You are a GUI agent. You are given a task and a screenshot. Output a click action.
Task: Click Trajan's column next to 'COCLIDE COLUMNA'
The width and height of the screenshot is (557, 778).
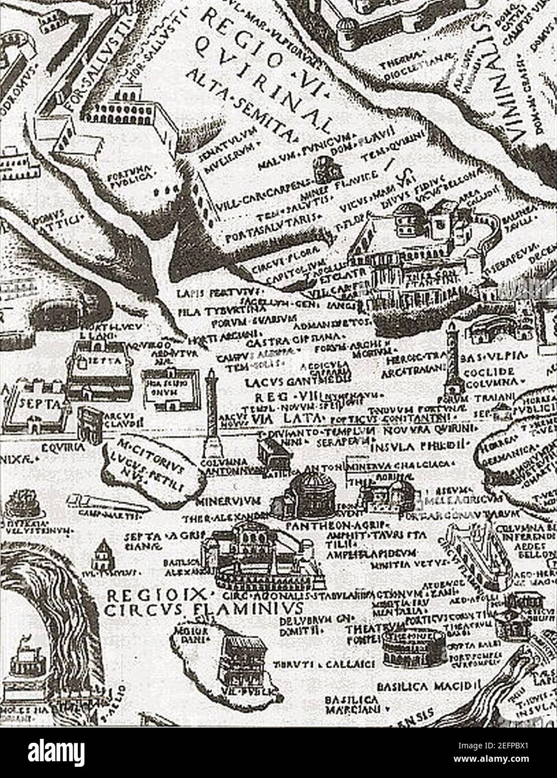(452, 361)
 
